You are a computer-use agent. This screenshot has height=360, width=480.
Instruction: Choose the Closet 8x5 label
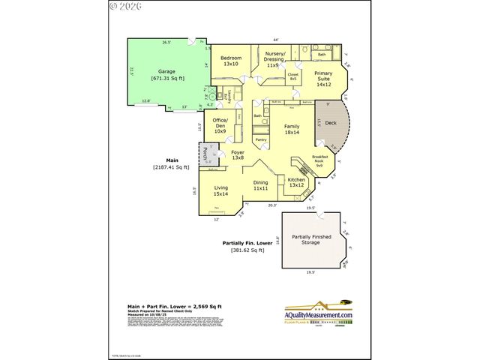pyautogui.click(x=293, y=76)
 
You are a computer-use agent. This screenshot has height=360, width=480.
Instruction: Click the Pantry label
pyautogui.click(x=261, y=139)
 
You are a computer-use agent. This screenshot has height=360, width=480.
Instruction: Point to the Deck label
pyautogui.click(x=331, y=124)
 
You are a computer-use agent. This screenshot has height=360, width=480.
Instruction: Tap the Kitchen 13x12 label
pyautogui.click(x=296, y=182)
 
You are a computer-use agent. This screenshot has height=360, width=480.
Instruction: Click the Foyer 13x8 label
pyautogui.click(x=238, y=155)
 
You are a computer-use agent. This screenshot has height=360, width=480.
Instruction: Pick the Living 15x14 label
pyautogui.click(x=220, y=191)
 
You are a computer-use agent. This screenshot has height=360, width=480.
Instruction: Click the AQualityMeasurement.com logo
pyautogui.click(x=317, y=314)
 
